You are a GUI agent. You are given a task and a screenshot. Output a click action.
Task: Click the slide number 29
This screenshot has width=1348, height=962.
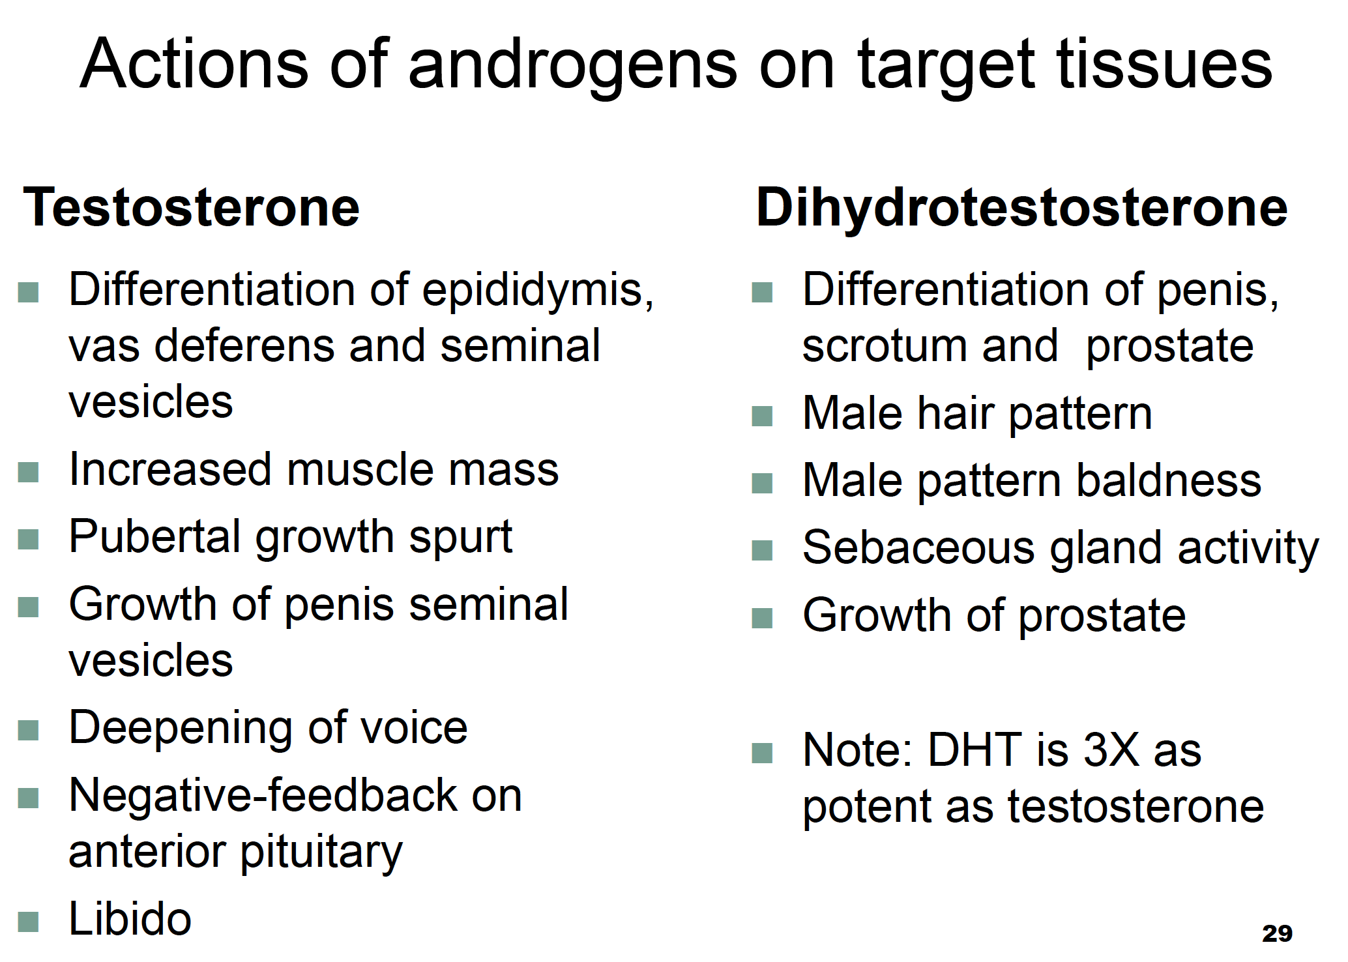tap(1277, 933)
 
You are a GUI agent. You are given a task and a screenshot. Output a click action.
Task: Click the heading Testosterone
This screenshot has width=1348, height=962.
tap(191, 207)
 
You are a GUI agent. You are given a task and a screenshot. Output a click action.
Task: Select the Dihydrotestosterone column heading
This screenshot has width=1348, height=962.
tap(1021, 207)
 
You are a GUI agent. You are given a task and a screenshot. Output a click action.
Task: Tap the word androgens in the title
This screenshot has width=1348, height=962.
tap(572, 66)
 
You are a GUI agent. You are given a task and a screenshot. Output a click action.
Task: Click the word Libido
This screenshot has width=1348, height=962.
tap(130, 918)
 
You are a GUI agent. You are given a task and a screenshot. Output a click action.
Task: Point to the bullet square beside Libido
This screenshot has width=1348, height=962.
tap(29, 922)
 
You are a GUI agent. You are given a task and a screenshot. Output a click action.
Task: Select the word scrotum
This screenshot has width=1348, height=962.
tap(885, 345)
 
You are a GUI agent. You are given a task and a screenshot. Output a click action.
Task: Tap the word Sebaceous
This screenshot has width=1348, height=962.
tap(918, 547)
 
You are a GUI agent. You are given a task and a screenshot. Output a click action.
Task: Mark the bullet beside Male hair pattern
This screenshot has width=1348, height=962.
tap(762, 416)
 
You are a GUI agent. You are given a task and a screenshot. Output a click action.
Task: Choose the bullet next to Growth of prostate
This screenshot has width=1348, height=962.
tap(762, 617)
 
